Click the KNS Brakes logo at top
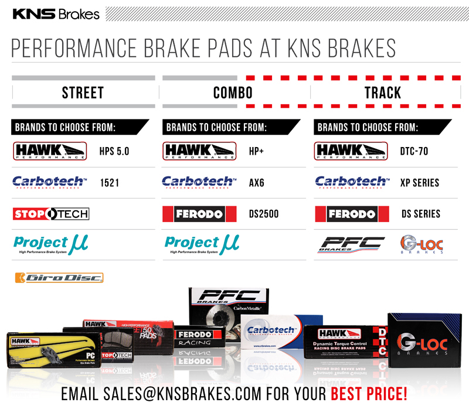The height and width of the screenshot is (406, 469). click(x=56, y=13)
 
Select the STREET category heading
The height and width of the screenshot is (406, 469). click(x=83, y=93)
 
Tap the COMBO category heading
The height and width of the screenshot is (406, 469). click(x=233, y=93)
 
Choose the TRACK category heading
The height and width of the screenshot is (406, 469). click(x=383, y=93)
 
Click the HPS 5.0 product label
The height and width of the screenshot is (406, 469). click(x=114, y=152)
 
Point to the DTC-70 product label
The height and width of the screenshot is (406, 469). click(x=413, y=152)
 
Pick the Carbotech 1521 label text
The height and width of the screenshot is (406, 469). click(x=110, y=183)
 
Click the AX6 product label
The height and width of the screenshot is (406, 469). click(x=256, y=183)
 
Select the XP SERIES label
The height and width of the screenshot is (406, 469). click(x=419, y=183)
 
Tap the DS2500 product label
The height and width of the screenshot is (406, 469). click(x=262, y=214)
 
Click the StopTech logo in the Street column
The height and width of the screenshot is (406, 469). click(x=50, y=213)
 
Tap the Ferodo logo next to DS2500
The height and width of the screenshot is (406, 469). click(x=199, y=214)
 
